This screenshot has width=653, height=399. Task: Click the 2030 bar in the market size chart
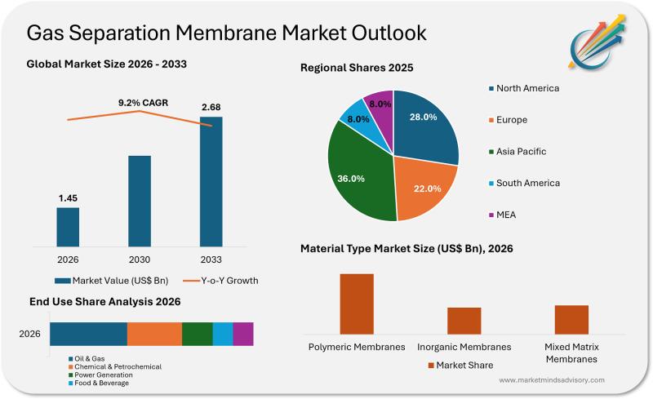pyautogui.click(x=140, y=200)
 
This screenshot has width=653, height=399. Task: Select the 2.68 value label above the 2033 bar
pyautogui.click(x=211, y=108)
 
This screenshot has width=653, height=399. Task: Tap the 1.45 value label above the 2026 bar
pyautogui.click(x=68, y=198)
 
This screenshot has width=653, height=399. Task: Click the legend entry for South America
pyautogui.click(x=526, y=183)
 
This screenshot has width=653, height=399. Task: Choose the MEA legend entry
pyautogui.click(x=505, y=215)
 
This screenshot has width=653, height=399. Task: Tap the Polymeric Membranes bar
pyautogui.click(x=357, y=303)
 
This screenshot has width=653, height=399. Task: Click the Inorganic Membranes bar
pyautogui.click(x=464, y=320)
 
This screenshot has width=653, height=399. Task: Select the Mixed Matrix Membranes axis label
pyautogui.click(x=571, y=352)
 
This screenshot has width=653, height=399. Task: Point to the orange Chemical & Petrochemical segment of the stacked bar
pyautogui.click(x=154, y=334)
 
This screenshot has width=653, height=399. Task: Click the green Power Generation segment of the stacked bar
pyautogui.click(x=197, y=334)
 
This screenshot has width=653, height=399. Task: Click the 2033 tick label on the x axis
pyautogui.click(x=211, y=259)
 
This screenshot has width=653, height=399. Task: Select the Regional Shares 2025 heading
pyautogui.click(x=357, y=68)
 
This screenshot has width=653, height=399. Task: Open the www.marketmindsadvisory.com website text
pyautogui.click(x=551, y=380)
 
